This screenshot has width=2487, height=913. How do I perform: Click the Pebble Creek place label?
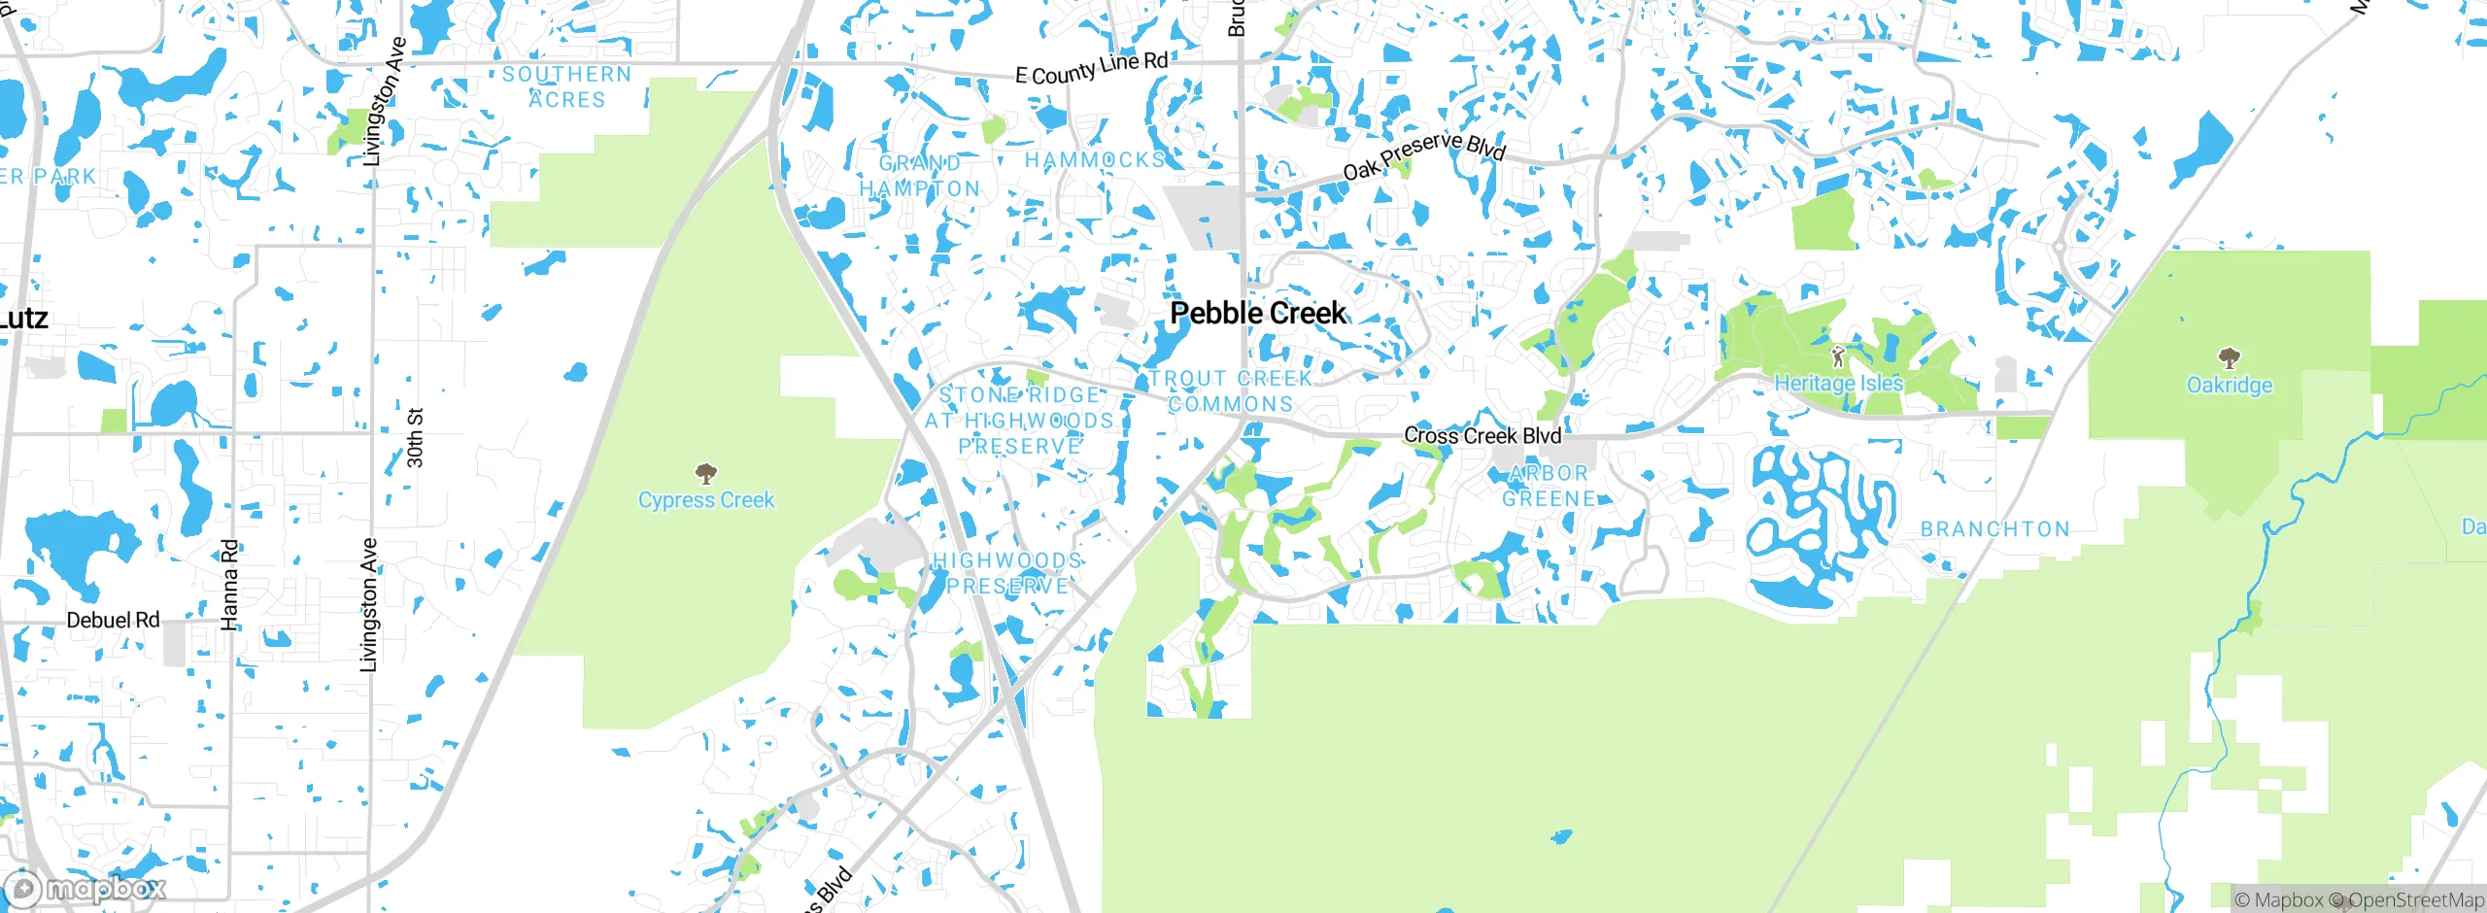click(x=1258, y=314)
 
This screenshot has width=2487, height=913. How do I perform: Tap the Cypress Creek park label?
click(x=706, y=500)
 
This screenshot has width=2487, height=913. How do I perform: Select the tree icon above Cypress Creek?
click(x=706, y=474)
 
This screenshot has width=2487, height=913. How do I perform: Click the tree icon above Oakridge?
click(x=2230, y=358)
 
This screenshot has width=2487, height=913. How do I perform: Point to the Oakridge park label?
click(x=2230, y=386)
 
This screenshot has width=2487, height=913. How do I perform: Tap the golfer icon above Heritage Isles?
click(x=1836, y=356)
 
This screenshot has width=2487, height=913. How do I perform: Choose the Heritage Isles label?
click(x=1838, y=384)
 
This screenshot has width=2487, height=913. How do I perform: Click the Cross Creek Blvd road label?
click(x=1482, y=436)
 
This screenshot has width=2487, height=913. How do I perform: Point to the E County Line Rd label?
click(x=1091, y=68)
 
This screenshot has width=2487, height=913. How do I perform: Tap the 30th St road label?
click(x=415, y=438)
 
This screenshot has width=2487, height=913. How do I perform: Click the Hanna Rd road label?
click(x=229, y=585)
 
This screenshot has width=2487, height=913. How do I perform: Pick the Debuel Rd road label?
click(x=113, y=621)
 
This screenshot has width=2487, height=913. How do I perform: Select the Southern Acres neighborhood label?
click(x=567, y=87)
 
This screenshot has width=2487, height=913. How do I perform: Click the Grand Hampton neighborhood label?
click(x=920, y=176)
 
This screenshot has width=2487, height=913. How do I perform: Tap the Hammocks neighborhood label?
click(x=1095, y=160)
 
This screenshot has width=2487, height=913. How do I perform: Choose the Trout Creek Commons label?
click(x=1231, y=391)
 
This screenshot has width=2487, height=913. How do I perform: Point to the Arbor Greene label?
click(x=1550, y=487)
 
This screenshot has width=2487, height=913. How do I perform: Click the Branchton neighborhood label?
click(x=1995, y=529)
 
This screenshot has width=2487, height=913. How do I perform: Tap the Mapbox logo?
click(x=85, y=888)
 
